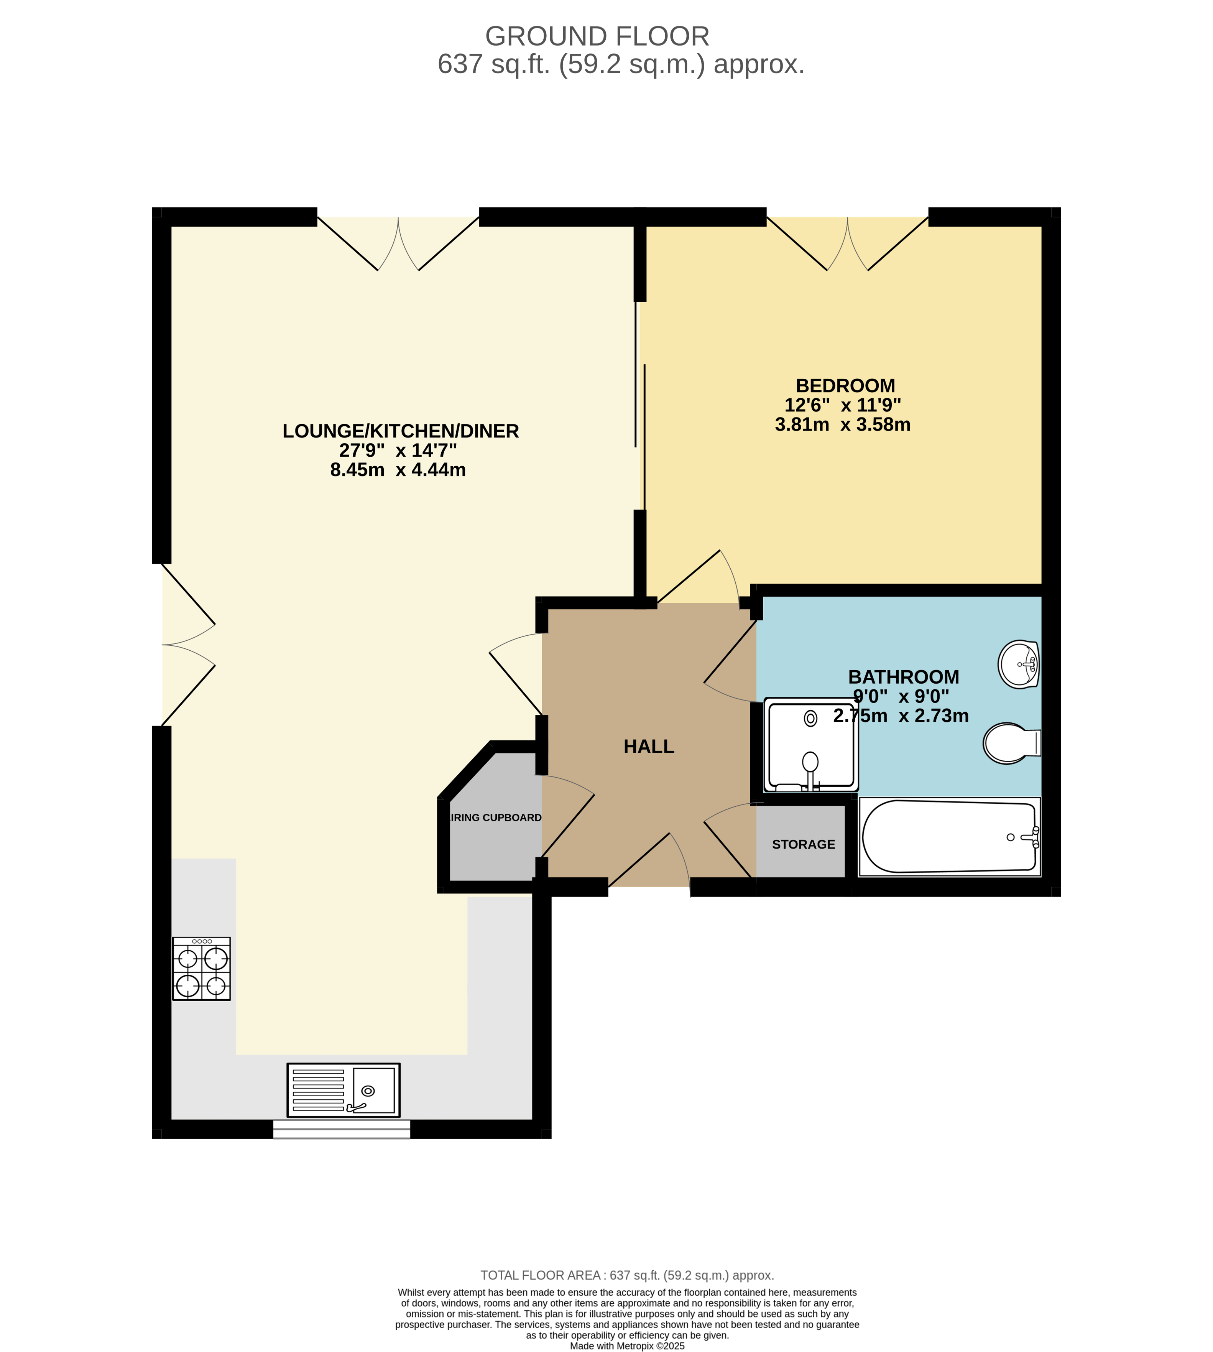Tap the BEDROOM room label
845,385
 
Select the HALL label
649,747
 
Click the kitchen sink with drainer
343,1090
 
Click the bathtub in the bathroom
949,837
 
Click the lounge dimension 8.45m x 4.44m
398,470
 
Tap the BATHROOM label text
903,677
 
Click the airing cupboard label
496,818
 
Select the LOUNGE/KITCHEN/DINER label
401,431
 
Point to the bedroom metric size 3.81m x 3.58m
842,425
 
